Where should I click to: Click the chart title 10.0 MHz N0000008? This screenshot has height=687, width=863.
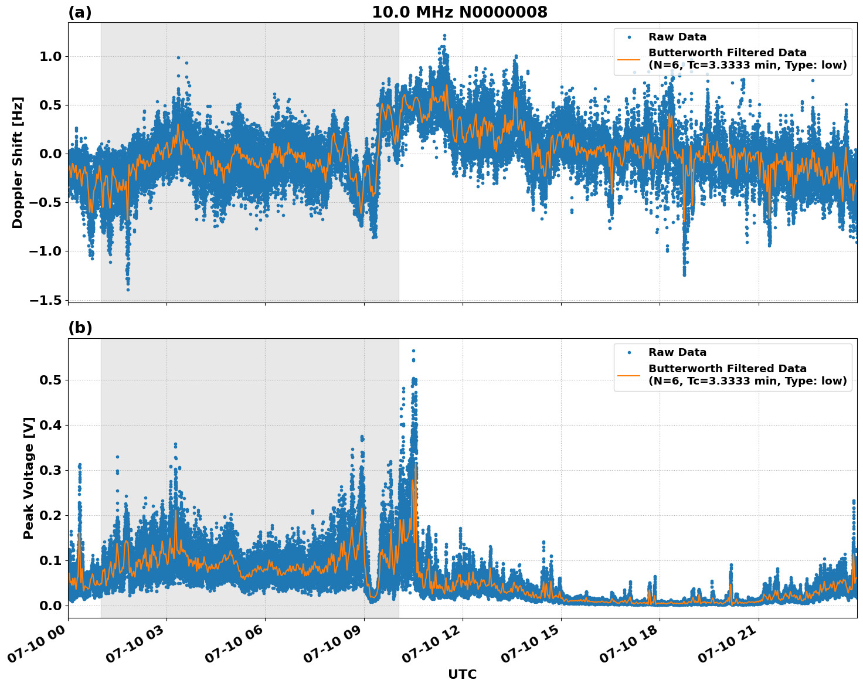pyautogui.click(x=459, y=12)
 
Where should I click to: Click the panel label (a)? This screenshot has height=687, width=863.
pyautogui.click(x=80, y=12)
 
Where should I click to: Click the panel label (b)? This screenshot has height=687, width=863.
pyautogui.click(x=80, y=328)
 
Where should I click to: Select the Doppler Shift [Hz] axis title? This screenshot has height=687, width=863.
pyautogui.click(x=18, y=162)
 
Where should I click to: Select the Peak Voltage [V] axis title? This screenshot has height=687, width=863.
pyautogui.click(x=28, y=478)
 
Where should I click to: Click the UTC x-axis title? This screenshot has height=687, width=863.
pyautogui.click(x=462, y=674)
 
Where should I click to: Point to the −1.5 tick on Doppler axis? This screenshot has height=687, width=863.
pyautogui.click(x=47, y=300)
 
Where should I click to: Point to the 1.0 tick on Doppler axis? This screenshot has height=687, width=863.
pyautogui.click(x=53, y=57)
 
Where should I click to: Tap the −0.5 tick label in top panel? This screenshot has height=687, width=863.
pyautogui.click(x=47, y=203)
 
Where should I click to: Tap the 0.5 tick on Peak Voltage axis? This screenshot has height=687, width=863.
pyautogui.click(x=53, y=380)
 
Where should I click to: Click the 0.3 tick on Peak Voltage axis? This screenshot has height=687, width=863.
pyautogui.click(x=53, y=470)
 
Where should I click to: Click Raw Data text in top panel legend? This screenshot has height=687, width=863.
pyautogui.click(x=677, y=38)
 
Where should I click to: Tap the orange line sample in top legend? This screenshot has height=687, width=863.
pyautogui.click(x=629, y=59)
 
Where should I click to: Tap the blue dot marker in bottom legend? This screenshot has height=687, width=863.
pyautogui.click(x=629, y=353)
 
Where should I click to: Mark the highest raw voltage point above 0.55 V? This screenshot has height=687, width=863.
pyautogui.click(x=413, y=351)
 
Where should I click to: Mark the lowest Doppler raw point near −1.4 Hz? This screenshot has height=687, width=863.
pyautogui.click(x=128, y=290)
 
